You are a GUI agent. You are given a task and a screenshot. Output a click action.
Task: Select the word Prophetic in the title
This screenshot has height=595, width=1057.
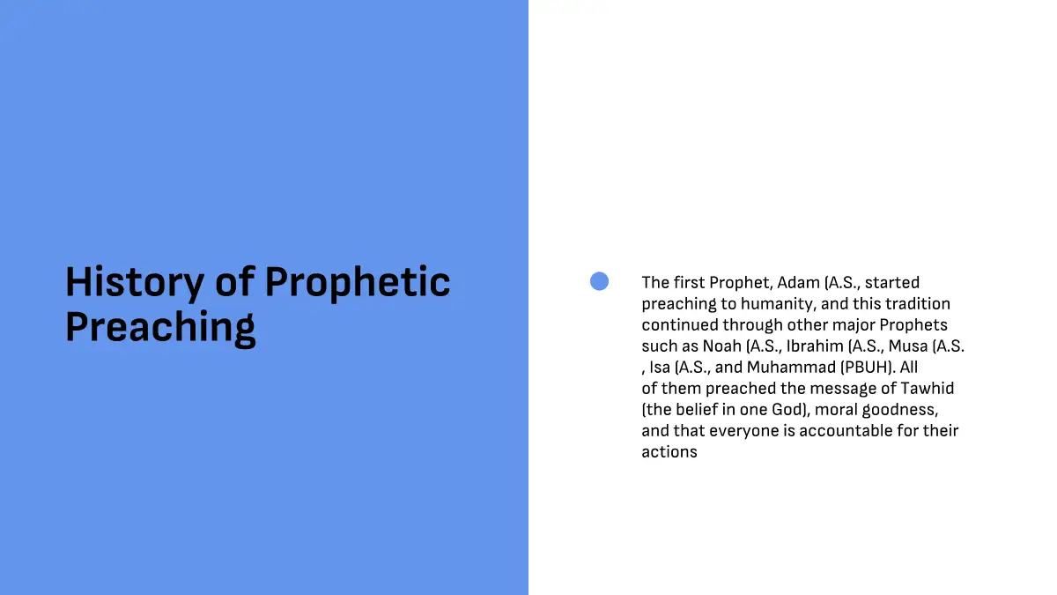pos(358,283)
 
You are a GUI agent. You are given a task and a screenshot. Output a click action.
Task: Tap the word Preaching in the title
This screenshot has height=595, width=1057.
pos(160,328)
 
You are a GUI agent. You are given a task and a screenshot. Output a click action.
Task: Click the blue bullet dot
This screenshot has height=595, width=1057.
pos(599,281)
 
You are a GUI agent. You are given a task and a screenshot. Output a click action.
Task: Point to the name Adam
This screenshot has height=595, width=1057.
pos(798,282)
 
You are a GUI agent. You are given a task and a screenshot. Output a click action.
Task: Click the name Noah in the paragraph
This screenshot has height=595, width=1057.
pos(722,346)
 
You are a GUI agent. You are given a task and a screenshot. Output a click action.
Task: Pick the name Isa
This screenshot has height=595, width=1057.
pos(660,368)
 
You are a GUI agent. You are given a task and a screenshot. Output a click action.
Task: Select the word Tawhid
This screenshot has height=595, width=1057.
pos(928,388)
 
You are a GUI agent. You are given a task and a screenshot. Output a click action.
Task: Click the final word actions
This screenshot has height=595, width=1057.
pos(669,452)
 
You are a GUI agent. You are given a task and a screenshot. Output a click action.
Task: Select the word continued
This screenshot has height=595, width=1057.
pos(680,325)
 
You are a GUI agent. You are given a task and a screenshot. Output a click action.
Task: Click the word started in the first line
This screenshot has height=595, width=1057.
pos(891,282)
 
